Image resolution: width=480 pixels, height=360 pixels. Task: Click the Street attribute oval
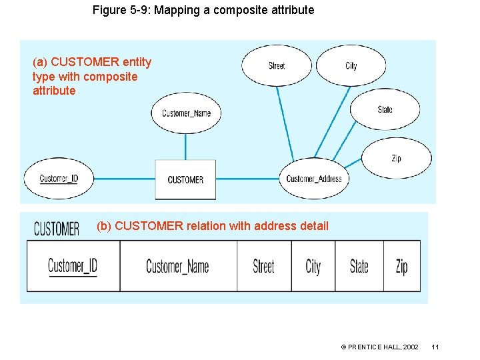click(276, 65)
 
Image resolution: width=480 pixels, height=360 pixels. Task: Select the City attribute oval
click(351, 65)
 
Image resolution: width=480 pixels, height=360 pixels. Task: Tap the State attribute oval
click(385, 109)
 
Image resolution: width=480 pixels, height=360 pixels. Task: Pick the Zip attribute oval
click(396, 158)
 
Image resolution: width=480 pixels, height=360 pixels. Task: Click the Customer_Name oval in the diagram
click(186, 113)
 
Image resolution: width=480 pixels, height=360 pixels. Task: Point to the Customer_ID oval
click(59, 179)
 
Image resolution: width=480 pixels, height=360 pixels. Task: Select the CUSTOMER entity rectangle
click(185, 179)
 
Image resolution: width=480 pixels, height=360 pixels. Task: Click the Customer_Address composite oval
click(313, 179)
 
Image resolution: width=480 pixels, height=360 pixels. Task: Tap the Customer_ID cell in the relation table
click(73, 266)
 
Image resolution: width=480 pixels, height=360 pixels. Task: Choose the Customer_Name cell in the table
click(177, 266)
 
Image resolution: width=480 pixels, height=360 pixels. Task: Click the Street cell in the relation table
click(263, 266)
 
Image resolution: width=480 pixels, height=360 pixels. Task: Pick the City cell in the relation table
click(313, 266)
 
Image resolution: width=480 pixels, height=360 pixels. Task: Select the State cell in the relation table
click(359, 266)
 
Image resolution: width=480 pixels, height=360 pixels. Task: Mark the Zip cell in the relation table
click(401, 266)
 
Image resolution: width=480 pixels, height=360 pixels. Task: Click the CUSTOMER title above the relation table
click(56, 229)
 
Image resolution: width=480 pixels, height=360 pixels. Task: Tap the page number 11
click(435, 347)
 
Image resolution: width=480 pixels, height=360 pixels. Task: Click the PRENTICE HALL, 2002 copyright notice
click(379, 347)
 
